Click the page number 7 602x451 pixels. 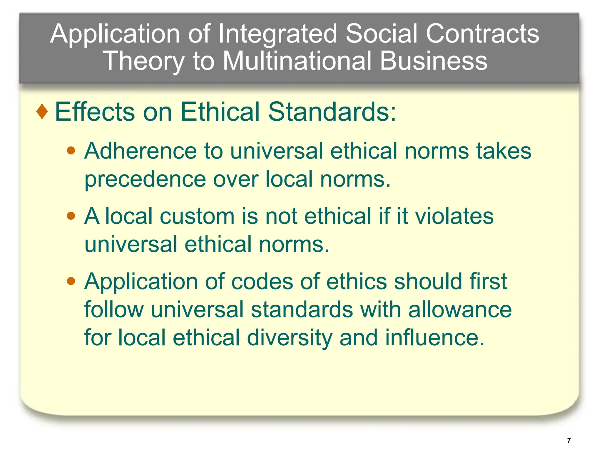coord(569,440)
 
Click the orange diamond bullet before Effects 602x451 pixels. coord(42,112)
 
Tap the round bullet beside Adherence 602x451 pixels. coord(71,151)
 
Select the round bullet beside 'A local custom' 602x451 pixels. coord(71,216)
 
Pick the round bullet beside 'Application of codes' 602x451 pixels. coord(71,282)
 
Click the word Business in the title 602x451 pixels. coord(434,61)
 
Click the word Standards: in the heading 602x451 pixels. coord(332,112)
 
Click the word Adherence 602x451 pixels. coord(141,151)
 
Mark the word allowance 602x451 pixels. coord(460,310)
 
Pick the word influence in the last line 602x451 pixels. coord(434,338)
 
